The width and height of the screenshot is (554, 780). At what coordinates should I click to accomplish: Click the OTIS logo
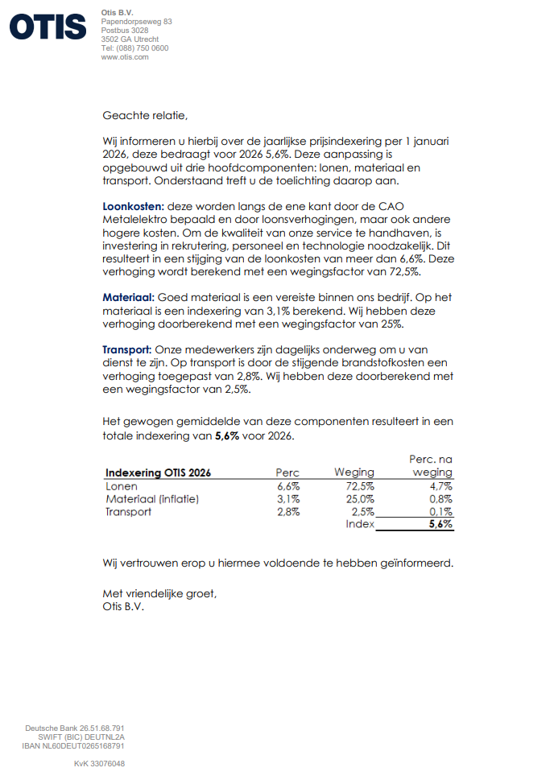pyautogui.click(x=48, y=27)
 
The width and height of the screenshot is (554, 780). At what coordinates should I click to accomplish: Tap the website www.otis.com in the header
pyautogui.click(x=125, y=57)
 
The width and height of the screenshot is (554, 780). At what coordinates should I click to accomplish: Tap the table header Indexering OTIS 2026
pyautogui.click(x=159, y=473)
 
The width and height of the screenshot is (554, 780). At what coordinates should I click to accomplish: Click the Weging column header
pyautogui.click(x=354, y=473)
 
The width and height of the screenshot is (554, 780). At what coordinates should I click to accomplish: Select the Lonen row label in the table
pyautogui.click(x=122, y=486)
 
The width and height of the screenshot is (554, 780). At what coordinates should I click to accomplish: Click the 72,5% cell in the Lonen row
pyautogui.click(x=359, y=486)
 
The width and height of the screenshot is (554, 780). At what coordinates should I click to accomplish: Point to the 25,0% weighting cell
pyautogui.click(x=360, y=499)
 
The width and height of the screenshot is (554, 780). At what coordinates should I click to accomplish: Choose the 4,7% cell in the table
pyautogui.click(x=440, y=486)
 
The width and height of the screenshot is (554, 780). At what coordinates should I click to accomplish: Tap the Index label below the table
pyautogui.click(x=360, y=524)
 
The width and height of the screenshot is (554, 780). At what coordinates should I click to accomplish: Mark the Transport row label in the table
pyautogui.click(x=128, y=512)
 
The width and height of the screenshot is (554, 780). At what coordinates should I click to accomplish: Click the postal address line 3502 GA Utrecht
pyautogui.click(x=130, y=39)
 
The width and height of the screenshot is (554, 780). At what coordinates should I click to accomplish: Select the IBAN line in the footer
pyautogui.click(x=73, y=746)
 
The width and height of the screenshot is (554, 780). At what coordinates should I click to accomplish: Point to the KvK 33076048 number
pyautogui.click(x=99, y=763)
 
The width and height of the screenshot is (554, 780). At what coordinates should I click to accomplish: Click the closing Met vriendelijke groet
pyautogui.click(x=159, y=594)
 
